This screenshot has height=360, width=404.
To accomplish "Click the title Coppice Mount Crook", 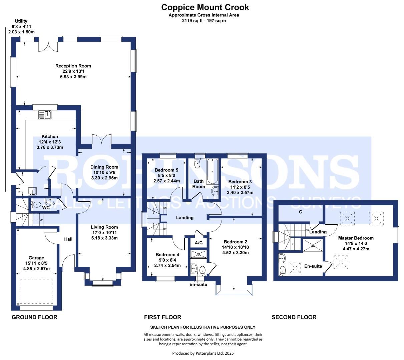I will pos(205,7).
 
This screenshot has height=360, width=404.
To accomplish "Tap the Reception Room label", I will pos(73,66).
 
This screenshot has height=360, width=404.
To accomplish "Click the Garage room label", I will pos(36,258).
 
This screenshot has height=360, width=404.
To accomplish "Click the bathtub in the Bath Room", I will pos(212,172).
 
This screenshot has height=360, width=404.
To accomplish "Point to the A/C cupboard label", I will pos(198,243).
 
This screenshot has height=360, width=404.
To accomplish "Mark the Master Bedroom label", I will pos(356,238).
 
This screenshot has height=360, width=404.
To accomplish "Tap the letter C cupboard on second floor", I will pos(301,212).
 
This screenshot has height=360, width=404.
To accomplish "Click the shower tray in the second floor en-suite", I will pos(313,245).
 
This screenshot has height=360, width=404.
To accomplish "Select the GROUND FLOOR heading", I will pos(34,317).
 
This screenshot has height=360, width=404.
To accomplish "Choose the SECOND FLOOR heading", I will pos(294,317).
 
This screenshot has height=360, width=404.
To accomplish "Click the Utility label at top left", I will pos(19,21).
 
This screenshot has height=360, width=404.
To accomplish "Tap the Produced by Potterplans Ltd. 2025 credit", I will pos(205,353).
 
